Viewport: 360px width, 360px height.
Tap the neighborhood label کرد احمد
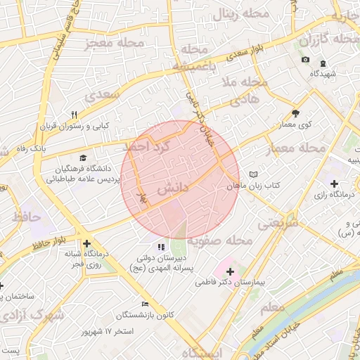[147, 147]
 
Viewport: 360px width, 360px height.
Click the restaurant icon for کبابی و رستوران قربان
[73, 115]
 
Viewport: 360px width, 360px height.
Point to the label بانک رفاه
[31, 149]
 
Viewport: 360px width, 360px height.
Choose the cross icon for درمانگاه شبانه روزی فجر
[86, 243]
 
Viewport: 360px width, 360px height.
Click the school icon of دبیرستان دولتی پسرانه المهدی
[161, 247]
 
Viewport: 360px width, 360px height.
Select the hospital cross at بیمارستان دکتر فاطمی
[230, 271]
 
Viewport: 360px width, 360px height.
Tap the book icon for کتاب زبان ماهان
[254, 174]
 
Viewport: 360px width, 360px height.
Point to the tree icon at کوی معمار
[295, 113]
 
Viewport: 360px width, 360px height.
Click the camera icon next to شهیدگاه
[305, 59]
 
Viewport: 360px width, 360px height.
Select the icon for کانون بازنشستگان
[145, 304]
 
